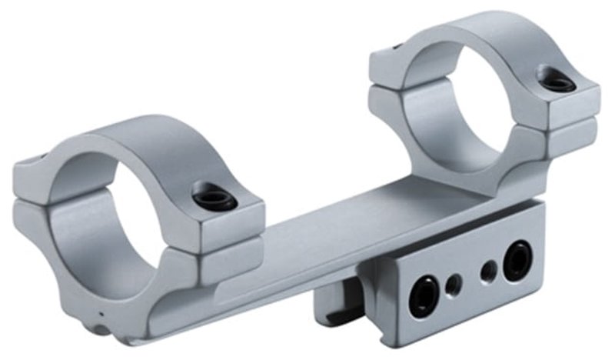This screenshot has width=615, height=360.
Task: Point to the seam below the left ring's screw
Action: click(223, 232)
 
